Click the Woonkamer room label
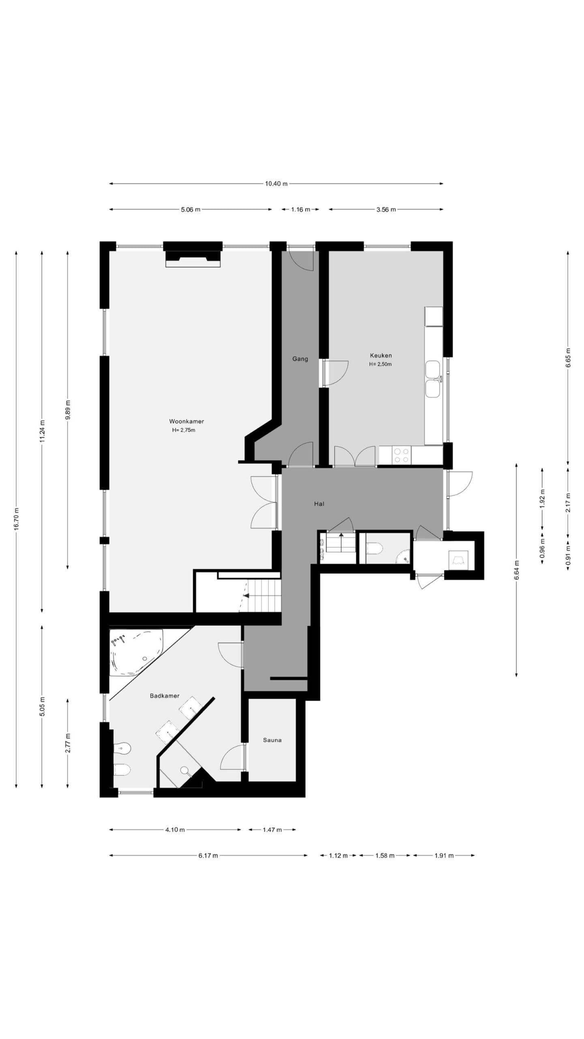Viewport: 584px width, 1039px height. pos(187,421)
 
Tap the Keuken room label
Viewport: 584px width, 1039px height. pos(381,356)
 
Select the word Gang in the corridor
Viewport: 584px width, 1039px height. pos(300,359)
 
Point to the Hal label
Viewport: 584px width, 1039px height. pos(319,504)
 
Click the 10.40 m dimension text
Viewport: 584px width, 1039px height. pos(276,183)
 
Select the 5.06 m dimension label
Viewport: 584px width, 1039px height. pos(191,209)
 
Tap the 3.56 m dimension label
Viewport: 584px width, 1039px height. pos(386,209)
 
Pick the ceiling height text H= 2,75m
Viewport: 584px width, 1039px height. pos(183,430)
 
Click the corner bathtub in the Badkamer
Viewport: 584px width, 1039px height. pos(136,652)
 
